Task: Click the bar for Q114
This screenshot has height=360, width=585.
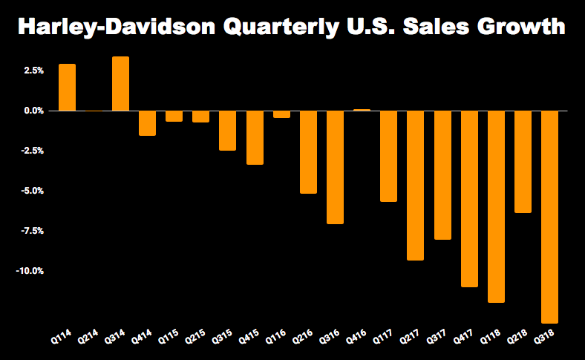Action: point(67,88)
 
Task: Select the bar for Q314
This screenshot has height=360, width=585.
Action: point(120,84)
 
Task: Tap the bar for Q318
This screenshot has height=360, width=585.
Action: point(549,217)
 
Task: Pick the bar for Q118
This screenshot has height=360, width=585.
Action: point(496,206)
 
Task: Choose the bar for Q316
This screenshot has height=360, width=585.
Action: point(335,167)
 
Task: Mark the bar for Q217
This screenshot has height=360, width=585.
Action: point(416,186)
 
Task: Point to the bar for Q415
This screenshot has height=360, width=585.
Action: point(255,137)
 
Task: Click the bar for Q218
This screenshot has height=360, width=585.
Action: point(523,162)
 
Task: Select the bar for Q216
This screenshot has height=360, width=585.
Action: point(308,152)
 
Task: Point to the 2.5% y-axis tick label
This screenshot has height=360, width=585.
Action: point(34,71)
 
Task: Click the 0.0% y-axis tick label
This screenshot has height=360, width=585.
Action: point(34,111)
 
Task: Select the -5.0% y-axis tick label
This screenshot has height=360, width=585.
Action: point(33,191)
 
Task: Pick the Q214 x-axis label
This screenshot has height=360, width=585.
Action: point(89,338)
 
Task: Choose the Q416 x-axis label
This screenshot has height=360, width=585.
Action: point(357,338)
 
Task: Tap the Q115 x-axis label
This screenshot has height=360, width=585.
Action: point(169,338)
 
